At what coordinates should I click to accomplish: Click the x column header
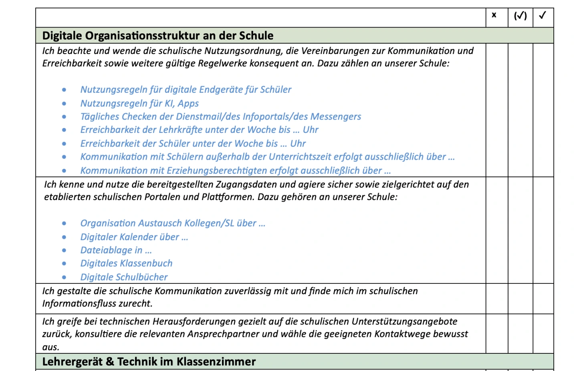click(x=494, y=15)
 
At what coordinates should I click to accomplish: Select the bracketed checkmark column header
click(x=520, y=16)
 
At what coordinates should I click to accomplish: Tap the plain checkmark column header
click(x=543, y=15)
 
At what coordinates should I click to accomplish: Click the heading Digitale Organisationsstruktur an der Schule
click(x=158, y=36)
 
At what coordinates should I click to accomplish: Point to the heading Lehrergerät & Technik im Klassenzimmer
click(x=149, y=362)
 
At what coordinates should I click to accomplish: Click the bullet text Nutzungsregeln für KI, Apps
click(x=139, y=103)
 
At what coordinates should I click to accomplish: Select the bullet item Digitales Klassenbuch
click(x=126, y=263)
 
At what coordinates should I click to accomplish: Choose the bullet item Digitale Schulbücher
click(x=124, y=277)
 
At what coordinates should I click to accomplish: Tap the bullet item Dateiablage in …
click(x=116, y=250)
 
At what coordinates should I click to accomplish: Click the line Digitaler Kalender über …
click(x=134, y=237)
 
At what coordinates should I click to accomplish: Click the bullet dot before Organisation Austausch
click(x=64, y=223)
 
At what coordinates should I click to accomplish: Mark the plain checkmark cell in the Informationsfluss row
click(x=543, y=299)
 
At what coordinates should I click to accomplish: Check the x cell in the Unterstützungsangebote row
click(x=497, y=334)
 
